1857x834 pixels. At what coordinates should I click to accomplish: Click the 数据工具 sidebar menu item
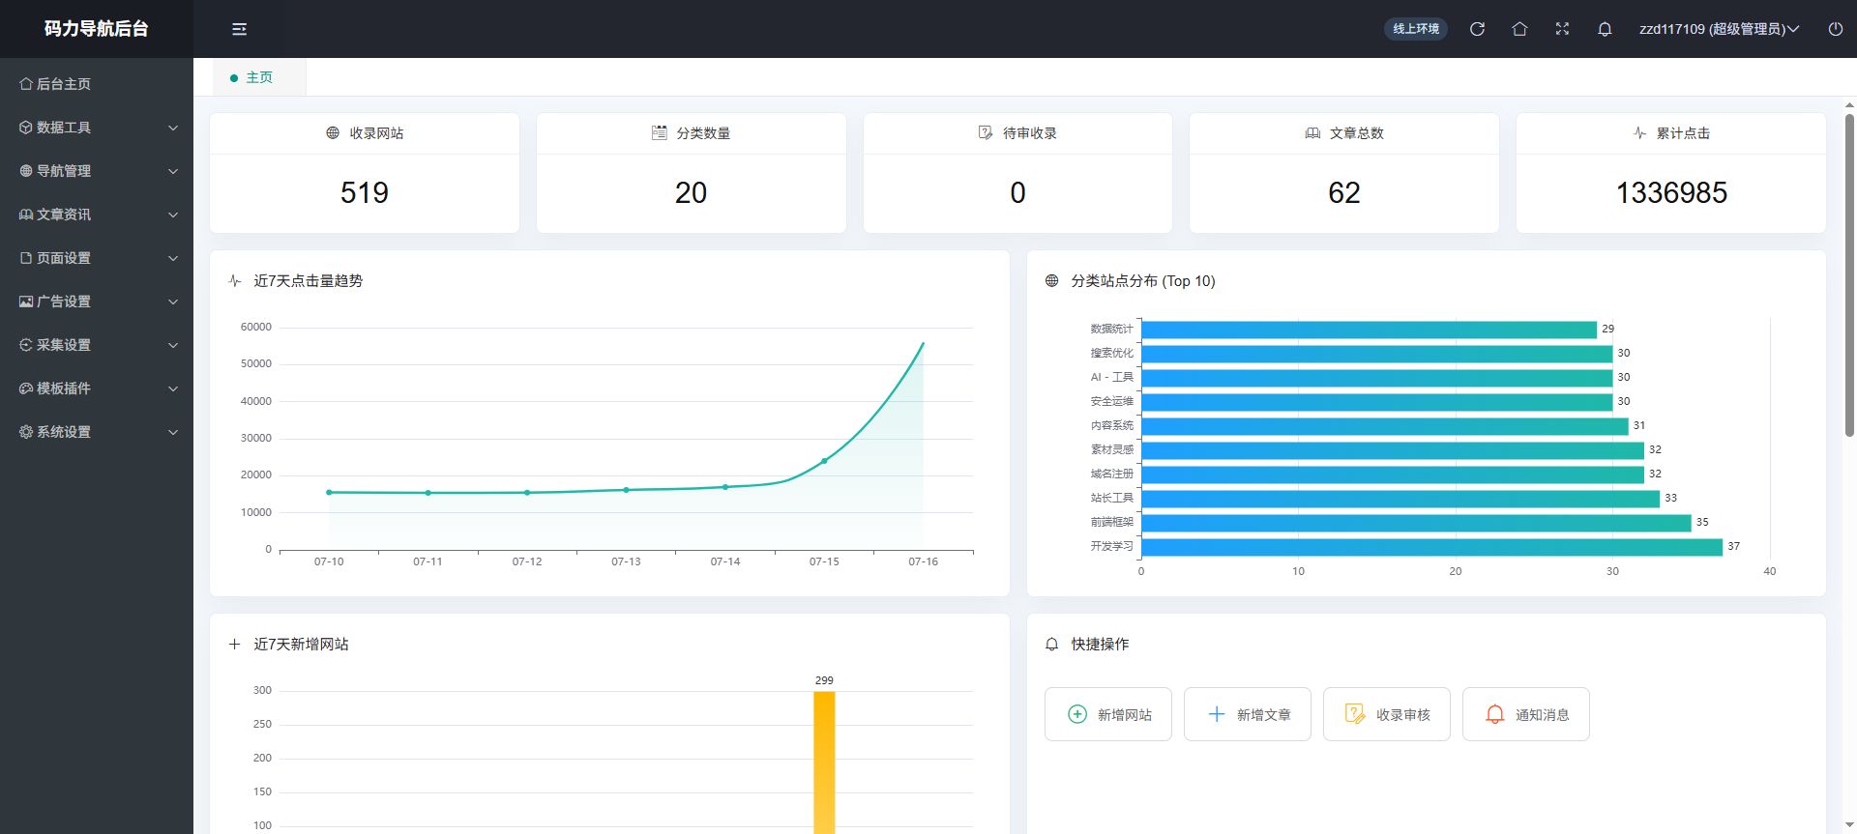[x=97, y=128]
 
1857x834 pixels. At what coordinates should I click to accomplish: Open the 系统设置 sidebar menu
[x=97, y=432]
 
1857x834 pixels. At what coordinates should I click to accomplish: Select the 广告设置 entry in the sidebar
[x=97, y=302]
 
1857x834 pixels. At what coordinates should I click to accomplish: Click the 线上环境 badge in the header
[x=1416, y=29]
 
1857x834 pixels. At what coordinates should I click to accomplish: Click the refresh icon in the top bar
[x=1477, y=29]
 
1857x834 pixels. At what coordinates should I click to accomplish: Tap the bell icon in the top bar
[x=1605, y=29]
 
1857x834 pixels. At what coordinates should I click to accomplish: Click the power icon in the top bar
[x=1835, y=29]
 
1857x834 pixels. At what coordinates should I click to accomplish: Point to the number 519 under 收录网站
[x=365, y=193]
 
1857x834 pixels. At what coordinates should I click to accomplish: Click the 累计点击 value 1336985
[x=1671, y=193]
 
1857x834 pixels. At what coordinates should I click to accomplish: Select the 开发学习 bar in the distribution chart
[x=1431, y=547]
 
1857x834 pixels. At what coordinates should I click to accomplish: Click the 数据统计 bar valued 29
[x=1369, y=330]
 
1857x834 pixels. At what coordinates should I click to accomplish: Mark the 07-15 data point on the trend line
[x=824, y=461]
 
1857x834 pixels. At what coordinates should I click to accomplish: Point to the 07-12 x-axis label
[x=527, y=561]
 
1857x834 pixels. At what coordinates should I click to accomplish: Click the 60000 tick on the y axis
[x=256, y=327]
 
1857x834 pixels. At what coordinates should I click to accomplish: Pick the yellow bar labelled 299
[x=824, y=762]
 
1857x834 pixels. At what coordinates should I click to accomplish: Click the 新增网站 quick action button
[x=1108, y=714]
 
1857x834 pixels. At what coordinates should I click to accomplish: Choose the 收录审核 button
[x=1387, y=714]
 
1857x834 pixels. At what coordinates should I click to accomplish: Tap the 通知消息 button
[x=1526, y=714]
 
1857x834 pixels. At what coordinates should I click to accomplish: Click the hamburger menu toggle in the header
[x=239, y=29]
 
